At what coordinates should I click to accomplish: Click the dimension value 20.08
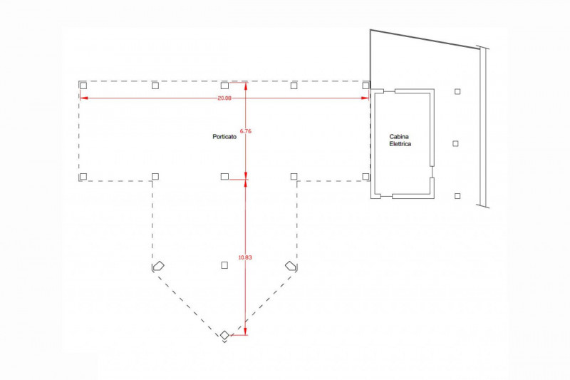(x=224, y=98)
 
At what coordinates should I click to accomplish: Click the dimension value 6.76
(x=246, y=131)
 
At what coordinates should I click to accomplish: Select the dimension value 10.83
(x=245, y=257)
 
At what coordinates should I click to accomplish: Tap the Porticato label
(x=224, y=136)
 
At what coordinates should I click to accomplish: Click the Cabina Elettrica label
(x=400, y=140)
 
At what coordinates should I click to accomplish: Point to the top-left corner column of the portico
(x=83, y=85)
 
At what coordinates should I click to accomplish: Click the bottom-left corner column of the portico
(x=83, y=176)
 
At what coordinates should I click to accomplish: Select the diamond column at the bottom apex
(x=224, y=335)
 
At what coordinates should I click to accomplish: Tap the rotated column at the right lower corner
(x=291, y=266)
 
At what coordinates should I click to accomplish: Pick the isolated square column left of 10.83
(x=224, y=265)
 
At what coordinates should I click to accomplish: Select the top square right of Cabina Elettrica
(x=457, y=91)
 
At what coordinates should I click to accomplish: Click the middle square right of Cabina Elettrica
(x=456, y=143)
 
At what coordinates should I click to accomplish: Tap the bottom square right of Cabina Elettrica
(x=457, y=195)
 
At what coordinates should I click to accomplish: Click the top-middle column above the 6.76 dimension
(x=224, y=85)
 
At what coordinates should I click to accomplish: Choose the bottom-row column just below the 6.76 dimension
(x=224, y=176)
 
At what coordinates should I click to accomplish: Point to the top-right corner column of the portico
(x=366, y=85)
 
